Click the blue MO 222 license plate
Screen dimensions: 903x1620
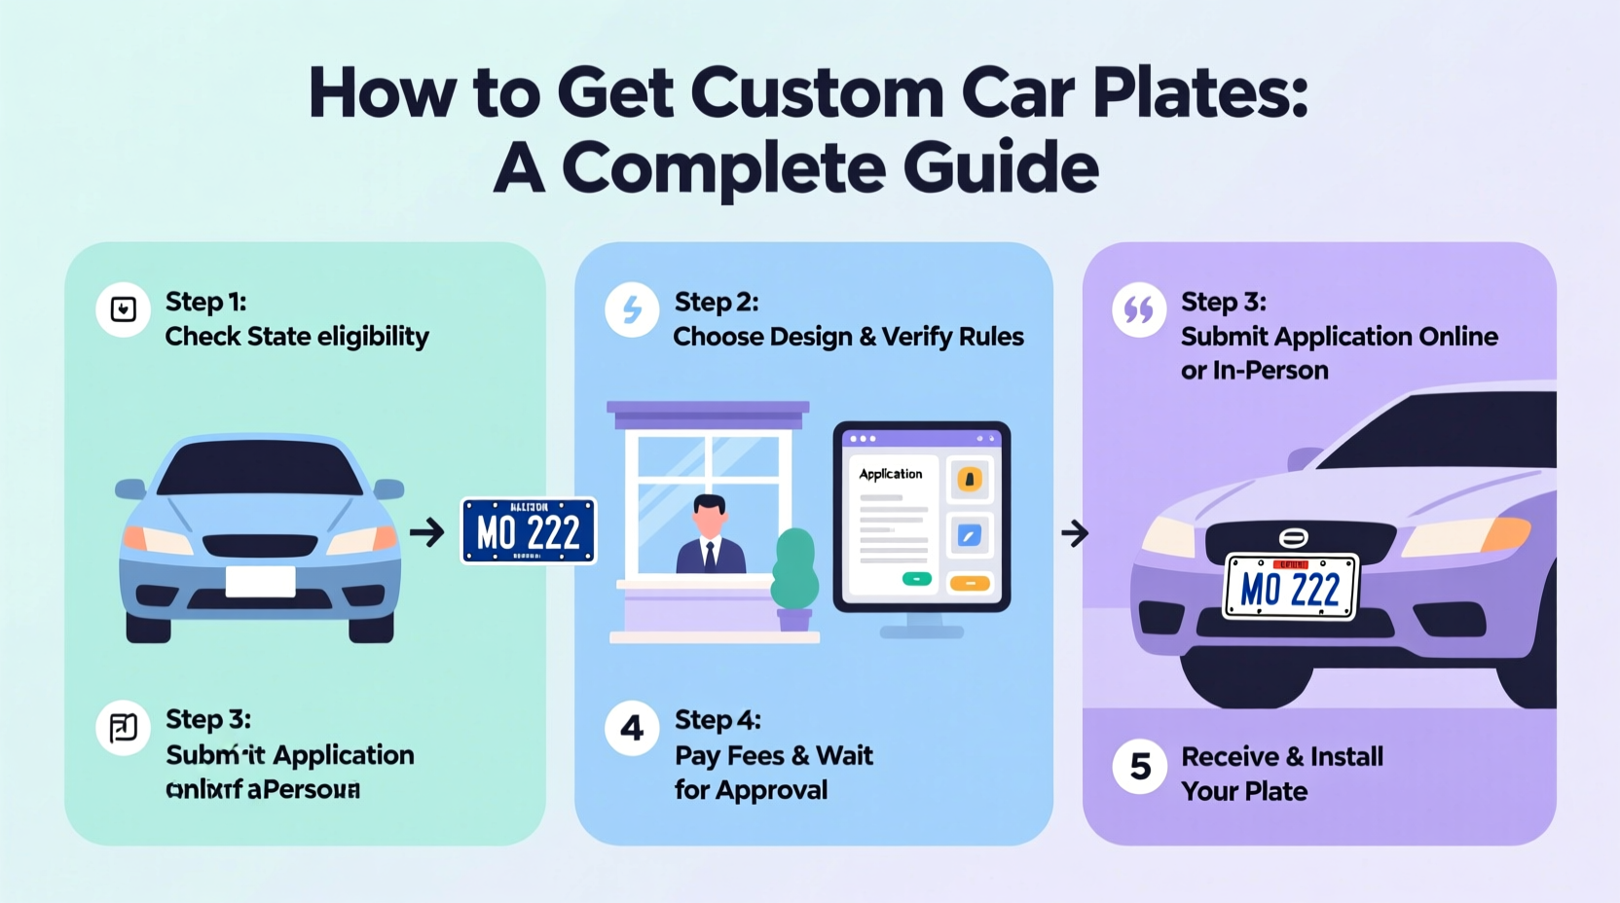click(529, 531)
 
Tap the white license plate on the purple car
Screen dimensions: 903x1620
click(1291, 587)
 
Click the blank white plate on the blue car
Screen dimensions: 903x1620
click(260, 581)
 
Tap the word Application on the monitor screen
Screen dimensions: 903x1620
click(890, 474)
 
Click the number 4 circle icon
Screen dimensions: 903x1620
click(632, 728)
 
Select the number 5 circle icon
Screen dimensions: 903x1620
click(1139, 767)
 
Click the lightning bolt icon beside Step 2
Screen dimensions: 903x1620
click(632, 309)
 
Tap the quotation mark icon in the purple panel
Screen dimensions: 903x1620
click(1138, 309)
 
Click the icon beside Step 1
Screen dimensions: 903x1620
click(123, 309)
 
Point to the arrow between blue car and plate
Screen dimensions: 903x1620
click(426, 532)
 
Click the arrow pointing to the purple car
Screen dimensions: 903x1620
click(1074, 533)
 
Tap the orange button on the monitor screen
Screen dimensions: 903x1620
click(969, 583)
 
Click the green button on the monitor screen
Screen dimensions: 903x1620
click(916, 579)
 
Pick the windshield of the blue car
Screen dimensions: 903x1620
click(260, 469)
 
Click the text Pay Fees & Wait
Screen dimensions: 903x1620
click(774, 755)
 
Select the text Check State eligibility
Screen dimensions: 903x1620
click(297, 337)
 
